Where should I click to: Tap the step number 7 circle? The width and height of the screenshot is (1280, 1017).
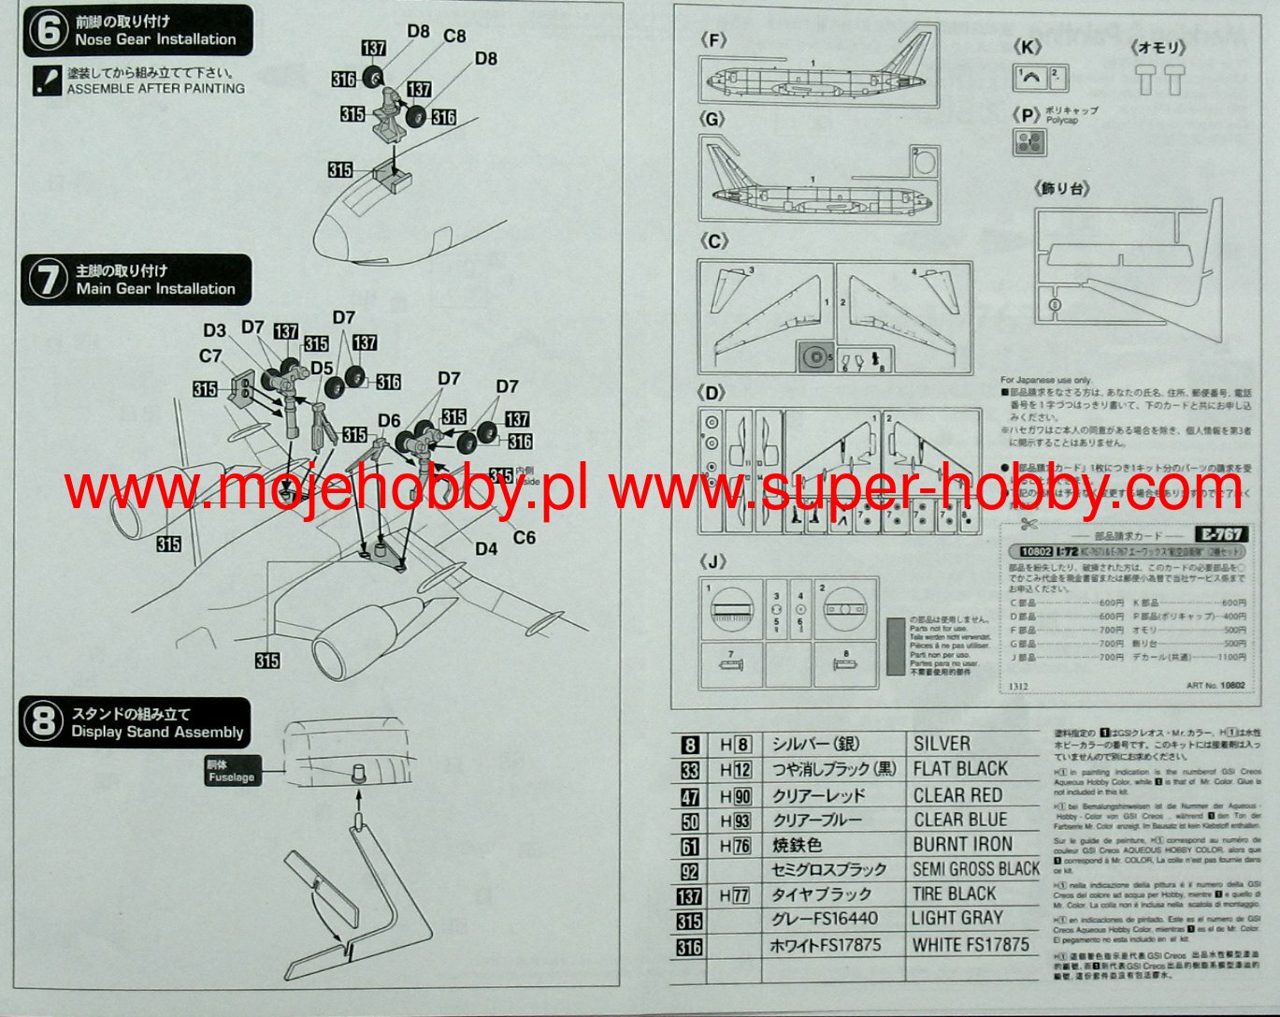point(46,280)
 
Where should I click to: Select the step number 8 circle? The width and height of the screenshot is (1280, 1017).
point(43,722)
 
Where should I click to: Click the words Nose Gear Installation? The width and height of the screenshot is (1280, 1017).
point(155,39)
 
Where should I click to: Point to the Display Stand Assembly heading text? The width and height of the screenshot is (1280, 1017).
point(157,733)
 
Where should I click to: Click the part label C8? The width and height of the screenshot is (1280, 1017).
point(454,36)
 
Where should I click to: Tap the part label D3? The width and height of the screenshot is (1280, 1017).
point(214,330)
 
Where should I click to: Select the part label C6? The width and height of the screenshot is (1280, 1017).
point(524,537)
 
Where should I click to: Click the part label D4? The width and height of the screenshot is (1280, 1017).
point(486,549)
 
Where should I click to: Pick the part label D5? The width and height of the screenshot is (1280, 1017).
point(323,368)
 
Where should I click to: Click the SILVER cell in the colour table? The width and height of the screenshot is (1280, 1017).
point(942,744)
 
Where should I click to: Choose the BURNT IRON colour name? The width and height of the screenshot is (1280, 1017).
point(962,845)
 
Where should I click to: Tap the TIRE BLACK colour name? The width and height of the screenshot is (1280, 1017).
point(955,894)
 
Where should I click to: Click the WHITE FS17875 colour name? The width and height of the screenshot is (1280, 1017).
point(971,945)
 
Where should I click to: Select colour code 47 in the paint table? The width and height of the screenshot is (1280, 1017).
point(690,796)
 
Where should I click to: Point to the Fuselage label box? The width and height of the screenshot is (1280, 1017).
point(231,772)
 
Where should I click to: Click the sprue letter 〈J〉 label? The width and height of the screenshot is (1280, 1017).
point(712,561)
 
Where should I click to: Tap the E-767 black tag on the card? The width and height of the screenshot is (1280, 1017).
point(1220,534)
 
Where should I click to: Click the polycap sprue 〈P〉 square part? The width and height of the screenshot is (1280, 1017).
point(1028,142)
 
